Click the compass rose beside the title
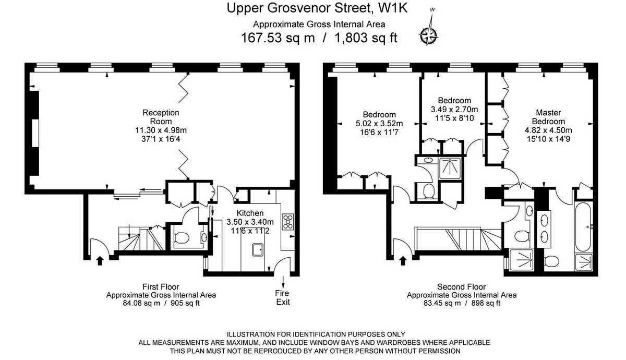coord(429,35)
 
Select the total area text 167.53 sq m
coord(278,38)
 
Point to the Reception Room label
coord(161,117)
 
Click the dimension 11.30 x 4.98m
coord(161,130)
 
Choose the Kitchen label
coord(250,213)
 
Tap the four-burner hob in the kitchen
coord(287,222)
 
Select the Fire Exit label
coord(282,298)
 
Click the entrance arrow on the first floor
coord(100,259)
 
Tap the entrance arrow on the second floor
coord(402,259)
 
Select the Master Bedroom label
coord(548,117)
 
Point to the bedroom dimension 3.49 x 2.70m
coord(454,110)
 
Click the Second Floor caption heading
coord(461,287)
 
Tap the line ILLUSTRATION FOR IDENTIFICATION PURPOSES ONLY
coord(315,334)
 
